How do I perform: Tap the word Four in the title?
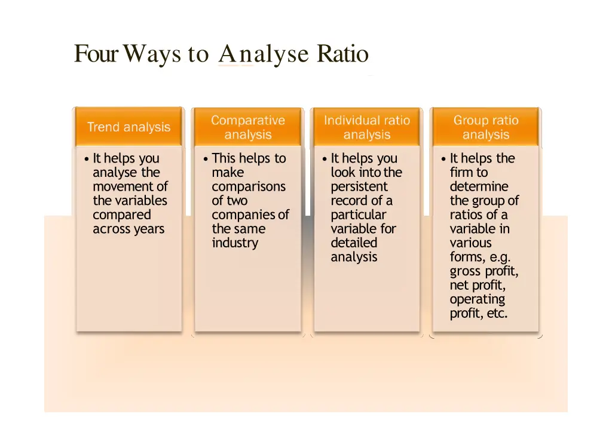[x=94, y=54]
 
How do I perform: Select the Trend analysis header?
[x=128, y=127]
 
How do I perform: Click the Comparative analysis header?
[x=248, y=127]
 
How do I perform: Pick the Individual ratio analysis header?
[x=367, y=127]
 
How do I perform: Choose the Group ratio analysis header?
[x=486, y=127]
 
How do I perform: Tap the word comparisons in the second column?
[x=248, y=186]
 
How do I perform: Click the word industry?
[x=235, y=243]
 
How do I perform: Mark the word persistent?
[x=359, y=186]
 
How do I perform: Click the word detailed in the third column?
[x=354, y=243]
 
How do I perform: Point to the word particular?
[x=358, y=215]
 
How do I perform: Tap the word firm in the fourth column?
[x=461, y=173]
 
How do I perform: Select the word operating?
[x=477, y=299]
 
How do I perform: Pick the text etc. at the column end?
[x=497, y=314]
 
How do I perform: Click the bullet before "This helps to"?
[x=206, y=159]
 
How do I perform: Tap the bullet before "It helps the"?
[x=443, y=159]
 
